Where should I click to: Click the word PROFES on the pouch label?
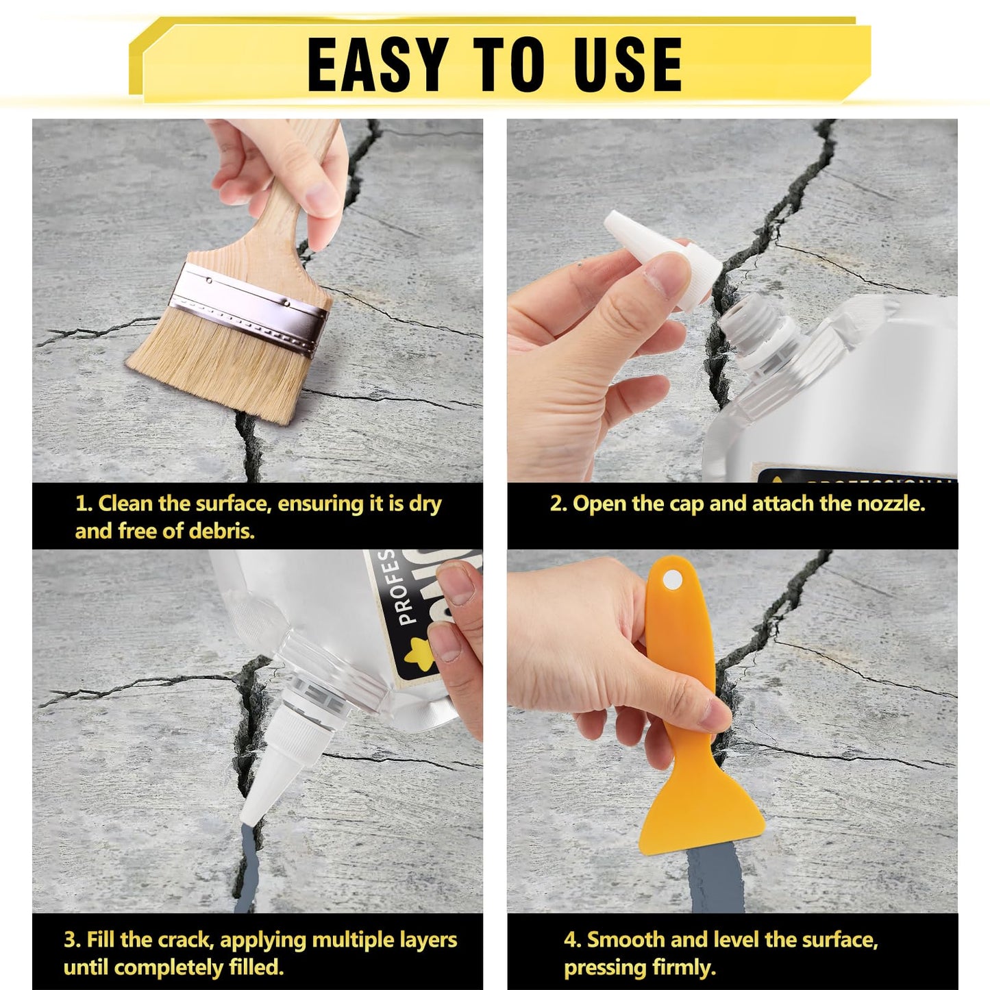(406, 587)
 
